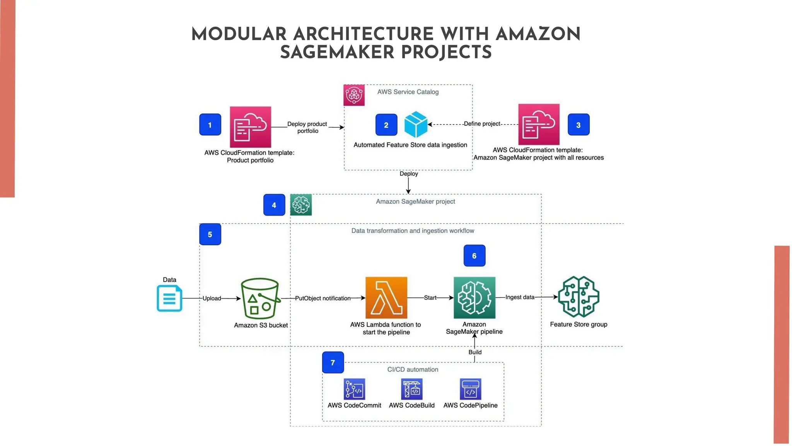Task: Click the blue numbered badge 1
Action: point(210,125)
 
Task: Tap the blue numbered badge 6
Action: point(474,256)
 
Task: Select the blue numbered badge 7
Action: point(333,362)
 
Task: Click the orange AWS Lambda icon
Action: point(386,297)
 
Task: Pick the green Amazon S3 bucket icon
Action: point(260,298)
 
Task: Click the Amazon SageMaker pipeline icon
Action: point(474,297)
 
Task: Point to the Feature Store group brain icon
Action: point(579,297)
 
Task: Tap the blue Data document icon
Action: point(169,298)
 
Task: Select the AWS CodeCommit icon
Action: point(354,389)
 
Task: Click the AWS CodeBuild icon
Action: point(411,389)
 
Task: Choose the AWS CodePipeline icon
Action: point(470,389)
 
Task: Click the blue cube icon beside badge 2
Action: point(416,125)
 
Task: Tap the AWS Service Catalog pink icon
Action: point(354,95)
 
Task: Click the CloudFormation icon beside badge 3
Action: point(539,124)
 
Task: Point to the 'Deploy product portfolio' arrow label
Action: point(307,127)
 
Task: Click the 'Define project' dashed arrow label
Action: point(482,124)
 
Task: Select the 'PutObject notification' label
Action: point(323,298)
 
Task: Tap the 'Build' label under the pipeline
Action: point(475,352)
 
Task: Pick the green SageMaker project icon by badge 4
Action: point(301,205)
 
